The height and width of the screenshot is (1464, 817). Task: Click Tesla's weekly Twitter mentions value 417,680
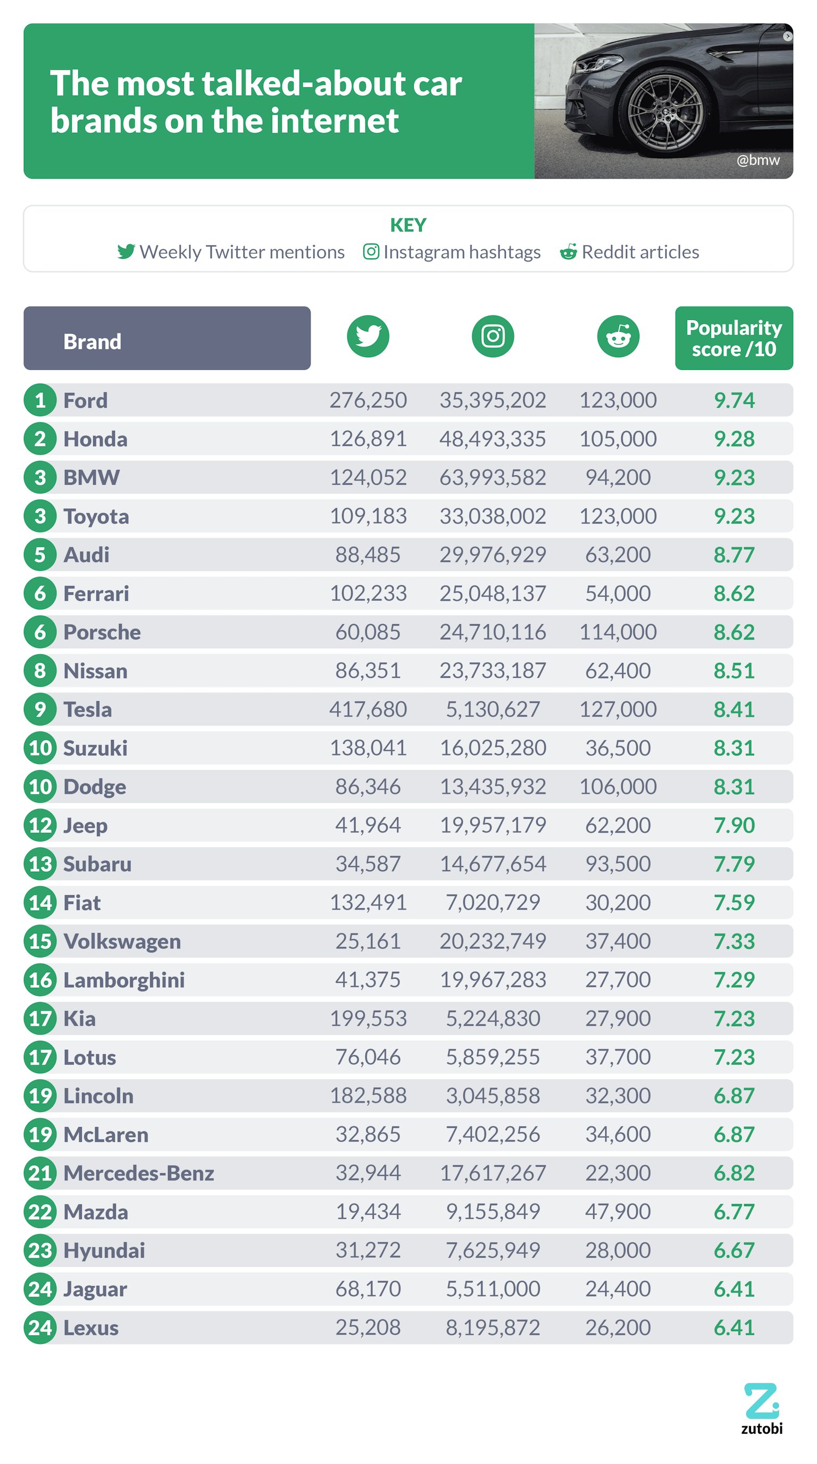[368, 709]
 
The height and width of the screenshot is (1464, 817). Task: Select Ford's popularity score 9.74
[733, 400]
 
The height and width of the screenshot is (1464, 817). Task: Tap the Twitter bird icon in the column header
[368, 336]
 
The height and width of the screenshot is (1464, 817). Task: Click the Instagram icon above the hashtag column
[493, 336]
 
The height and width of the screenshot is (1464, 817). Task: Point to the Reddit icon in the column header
[618, 336]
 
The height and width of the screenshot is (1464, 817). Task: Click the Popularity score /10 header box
[733, 338]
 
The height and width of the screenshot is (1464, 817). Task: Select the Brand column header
[166, 339]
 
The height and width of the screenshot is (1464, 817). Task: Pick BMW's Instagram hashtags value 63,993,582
[493, 477]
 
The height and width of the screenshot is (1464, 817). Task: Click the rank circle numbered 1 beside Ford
[40, 400]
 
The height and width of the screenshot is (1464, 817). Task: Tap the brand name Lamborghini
[124, 980]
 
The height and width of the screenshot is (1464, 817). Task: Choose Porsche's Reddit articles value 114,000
[618, 632]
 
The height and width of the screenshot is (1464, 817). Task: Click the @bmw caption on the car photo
[757, 160]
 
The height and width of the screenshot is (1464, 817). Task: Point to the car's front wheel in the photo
[665, 111]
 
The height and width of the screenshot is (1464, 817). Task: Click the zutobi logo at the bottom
[761, 1408]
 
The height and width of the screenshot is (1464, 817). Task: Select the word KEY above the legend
[407, 225]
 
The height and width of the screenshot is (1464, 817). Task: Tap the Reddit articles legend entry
[629, 252]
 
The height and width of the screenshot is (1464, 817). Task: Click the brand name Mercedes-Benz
[138, 1173]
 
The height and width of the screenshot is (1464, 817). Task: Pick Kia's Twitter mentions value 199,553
[368, 1019]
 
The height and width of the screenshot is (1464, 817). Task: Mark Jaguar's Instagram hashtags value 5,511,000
[493, 1289]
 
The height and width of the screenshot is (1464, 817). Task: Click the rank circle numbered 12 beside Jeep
[40, 825]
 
